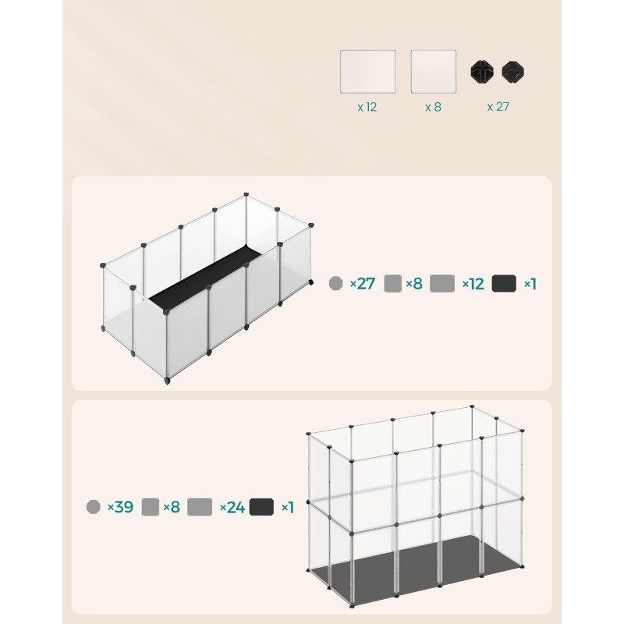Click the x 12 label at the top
367,107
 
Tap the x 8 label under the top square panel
433,107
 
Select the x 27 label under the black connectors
498,107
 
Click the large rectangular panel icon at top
367,72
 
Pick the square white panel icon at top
433,72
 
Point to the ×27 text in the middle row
362,283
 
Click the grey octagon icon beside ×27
336,283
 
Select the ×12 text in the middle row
473,283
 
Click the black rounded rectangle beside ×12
505,283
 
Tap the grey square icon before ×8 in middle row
393,283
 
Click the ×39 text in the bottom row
119,507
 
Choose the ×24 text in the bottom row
232,507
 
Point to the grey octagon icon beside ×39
93,507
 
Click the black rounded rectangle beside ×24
262,507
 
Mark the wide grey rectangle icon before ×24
200,507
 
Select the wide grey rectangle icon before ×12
442,283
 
